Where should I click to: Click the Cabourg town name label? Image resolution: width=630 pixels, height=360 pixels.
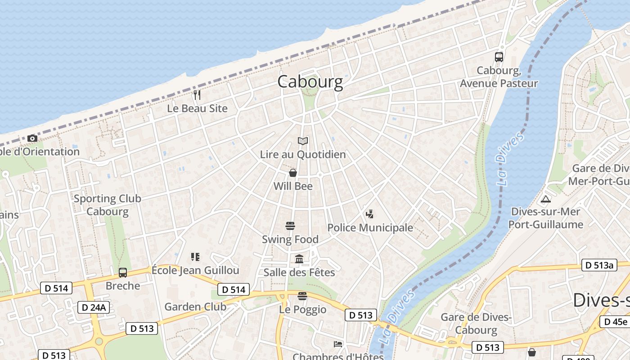(x=310, y=81)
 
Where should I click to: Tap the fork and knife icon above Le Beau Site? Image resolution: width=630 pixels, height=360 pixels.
(x=197, y=95)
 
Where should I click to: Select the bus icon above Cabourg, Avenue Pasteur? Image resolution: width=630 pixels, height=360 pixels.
(x=499, y=57)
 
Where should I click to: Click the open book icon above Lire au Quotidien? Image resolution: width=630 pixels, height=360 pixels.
(x=303, y=141)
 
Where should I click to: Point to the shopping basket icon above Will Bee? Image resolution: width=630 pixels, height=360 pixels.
(x=293, y=173)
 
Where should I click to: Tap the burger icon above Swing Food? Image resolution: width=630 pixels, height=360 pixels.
(x=290, y=225)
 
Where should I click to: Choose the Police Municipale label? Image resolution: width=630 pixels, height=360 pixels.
(x=370, y=228)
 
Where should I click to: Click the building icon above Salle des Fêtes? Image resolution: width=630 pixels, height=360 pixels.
(x=299, y=259)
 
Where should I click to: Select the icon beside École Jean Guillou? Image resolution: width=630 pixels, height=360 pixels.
(x=195, y=257)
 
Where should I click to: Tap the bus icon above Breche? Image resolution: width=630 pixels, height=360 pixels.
(x=122, y=272)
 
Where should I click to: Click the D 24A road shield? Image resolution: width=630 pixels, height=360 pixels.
(x=94, y=307)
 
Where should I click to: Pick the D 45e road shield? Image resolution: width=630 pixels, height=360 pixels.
(x=615, y=322)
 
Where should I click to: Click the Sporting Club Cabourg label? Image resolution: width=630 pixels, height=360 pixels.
(x=108, y=205)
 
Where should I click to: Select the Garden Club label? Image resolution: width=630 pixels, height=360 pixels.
(x=195, y=307)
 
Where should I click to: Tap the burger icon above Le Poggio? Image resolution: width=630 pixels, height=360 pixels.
(x=302, y=296)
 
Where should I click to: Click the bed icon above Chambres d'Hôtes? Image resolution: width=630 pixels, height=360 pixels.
(x=338, y=344)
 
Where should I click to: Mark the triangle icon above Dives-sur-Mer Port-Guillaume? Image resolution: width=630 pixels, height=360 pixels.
(x=545, y=199)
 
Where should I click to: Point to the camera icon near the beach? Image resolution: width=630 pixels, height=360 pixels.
(x=32, y=138)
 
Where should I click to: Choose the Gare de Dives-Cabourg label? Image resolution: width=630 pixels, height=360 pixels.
(x=476, y=323)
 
